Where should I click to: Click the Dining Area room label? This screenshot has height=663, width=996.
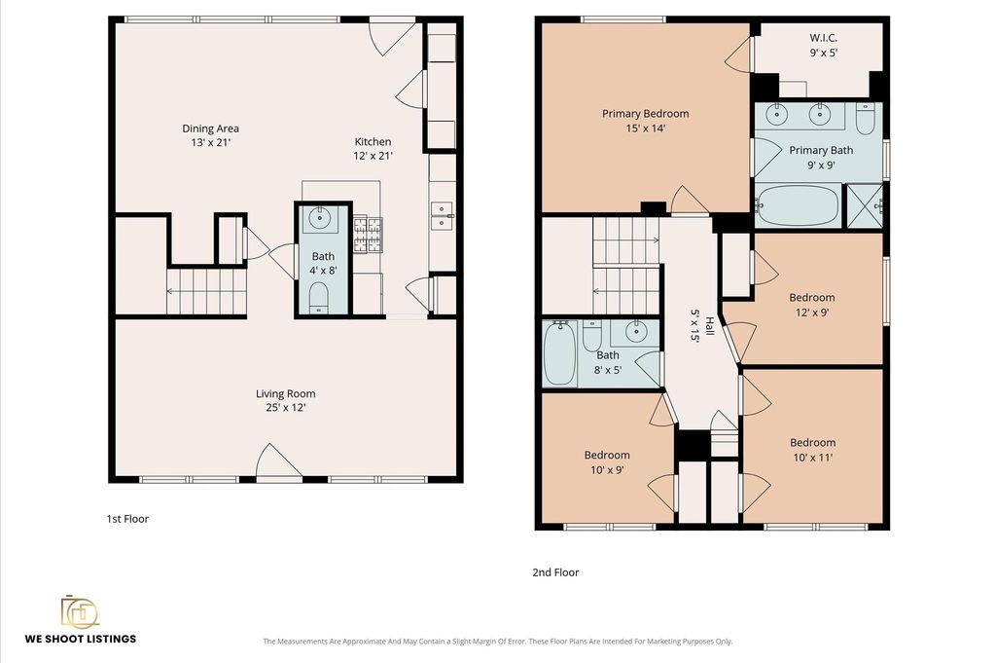(210, 135)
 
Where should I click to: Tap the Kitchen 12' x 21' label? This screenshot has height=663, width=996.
(373, 149)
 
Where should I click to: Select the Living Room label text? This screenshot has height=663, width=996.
(286, 400)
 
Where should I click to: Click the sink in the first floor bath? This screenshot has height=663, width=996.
(319, 219)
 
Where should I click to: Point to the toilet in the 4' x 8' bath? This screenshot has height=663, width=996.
(318, 298)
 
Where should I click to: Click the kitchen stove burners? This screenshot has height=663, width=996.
(369, 234)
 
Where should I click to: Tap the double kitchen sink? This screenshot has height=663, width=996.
(442, 215)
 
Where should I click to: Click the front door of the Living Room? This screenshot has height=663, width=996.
(278, 461)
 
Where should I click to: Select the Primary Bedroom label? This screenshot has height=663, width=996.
(646, 121)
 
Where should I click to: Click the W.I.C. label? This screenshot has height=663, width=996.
(823, 45)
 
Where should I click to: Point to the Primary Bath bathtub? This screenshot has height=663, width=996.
(798, 204)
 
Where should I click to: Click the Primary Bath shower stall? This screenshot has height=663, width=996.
(865, 205)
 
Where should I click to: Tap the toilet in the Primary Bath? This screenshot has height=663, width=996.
(865, 118)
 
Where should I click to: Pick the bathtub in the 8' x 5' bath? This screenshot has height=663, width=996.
(560, 353)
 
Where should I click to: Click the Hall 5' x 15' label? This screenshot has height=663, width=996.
(701, 325)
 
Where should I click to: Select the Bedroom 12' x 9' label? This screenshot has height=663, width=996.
(812, 305)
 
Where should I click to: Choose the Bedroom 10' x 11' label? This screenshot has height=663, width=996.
(812, 450)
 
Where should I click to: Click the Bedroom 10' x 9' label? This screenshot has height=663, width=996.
(607, 462)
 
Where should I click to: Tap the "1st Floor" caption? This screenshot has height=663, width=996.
(127, 519)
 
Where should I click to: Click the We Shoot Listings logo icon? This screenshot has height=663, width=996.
(80, 612)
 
